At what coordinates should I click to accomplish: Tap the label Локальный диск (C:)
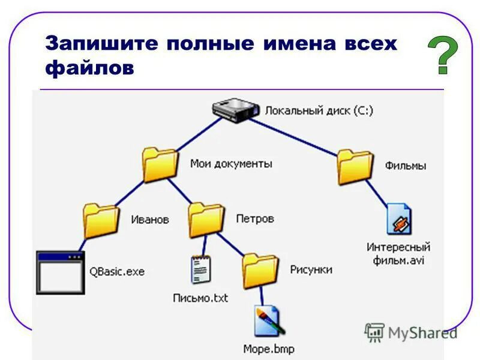click(x=319, y=110)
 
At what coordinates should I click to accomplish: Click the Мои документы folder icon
click(x=160, y=164)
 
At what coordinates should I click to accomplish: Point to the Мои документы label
click(x=231, y=163)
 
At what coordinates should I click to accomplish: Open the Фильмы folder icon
click(x=355, y=166)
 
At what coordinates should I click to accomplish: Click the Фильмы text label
click(x=406, y=166)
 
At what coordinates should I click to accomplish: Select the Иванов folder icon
click(x=101, y=220)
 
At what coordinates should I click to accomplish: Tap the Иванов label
click(x=150, y=220)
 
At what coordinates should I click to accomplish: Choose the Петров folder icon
click(x=206, y=220)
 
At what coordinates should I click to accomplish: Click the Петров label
click(x=254, y=219)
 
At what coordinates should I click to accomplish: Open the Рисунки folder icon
click(x=260, y=271)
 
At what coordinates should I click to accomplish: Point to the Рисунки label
click(x=311, y=270)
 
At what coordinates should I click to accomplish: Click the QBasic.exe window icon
click(x=60, y=272)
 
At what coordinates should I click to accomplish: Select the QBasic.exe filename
click(x=117, y=272)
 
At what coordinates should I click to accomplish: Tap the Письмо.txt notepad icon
click(x=200, y=269)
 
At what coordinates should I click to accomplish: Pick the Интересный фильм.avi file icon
click(x=399, y=219)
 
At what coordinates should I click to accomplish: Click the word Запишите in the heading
click(x=101, y=44)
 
